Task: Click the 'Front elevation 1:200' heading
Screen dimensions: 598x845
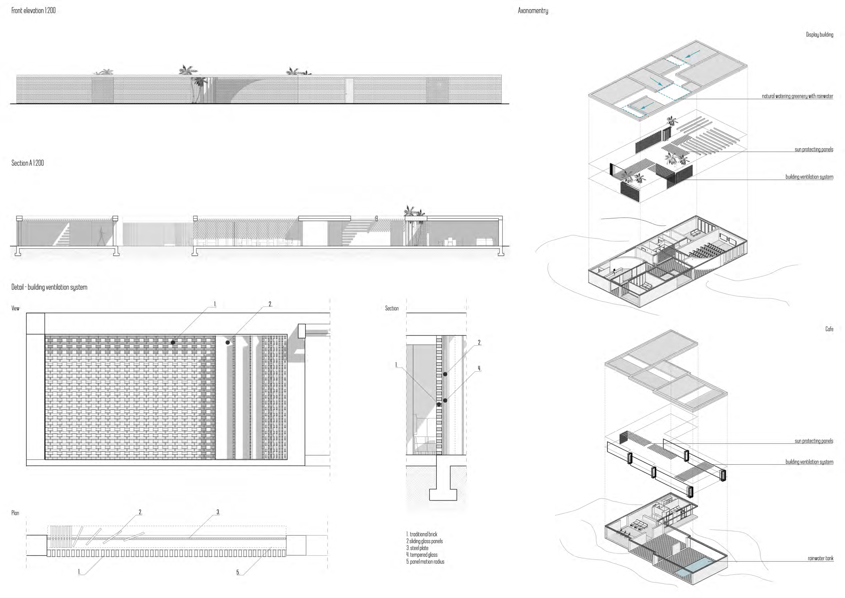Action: [33, 10]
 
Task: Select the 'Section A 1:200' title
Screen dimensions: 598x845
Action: [28, 163]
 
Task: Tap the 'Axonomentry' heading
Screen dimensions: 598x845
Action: [533, 11]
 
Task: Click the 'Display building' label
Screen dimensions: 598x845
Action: [819, 34]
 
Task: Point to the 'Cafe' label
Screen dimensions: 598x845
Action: [829, 329]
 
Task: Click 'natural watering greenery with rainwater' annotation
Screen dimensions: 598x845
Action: [797, 96]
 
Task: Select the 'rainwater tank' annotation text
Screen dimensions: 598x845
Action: [820, 558]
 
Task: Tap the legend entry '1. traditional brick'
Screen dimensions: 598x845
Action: [422, 534]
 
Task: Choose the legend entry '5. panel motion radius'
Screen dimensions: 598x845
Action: [426, 561]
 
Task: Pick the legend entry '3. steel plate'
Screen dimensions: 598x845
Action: [417, 548]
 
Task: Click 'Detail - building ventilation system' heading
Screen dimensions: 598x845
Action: [49, 287]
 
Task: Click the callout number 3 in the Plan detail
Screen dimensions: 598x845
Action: [218, 512]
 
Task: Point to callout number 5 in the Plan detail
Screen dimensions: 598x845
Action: [238, 572]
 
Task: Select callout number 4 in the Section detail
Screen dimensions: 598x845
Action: [479, 368]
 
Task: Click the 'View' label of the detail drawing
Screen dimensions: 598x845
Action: [16, 308]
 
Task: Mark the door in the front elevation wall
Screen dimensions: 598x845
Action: [349, 91]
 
